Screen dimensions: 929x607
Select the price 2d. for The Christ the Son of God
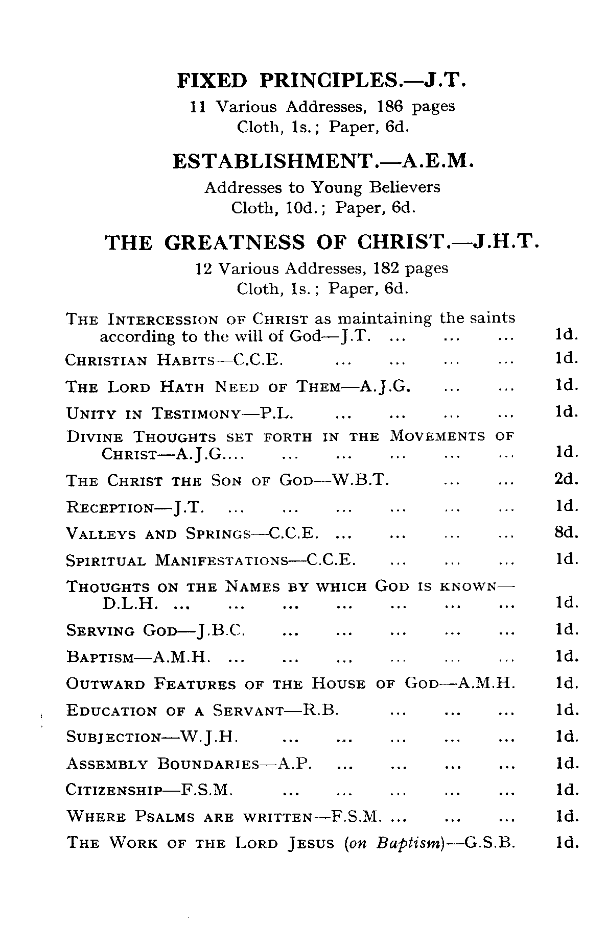click(566, 480)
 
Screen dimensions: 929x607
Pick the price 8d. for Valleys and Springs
click(566, 533)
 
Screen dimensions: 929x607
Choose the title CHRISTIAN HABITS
click(140, 360)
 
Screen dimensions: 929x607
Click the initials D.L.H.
click(129, 604)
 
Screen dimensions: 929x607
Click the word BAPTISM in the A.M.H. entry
click(100, 657)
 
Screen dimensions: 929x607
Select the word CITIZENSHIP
click(114, 791)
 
